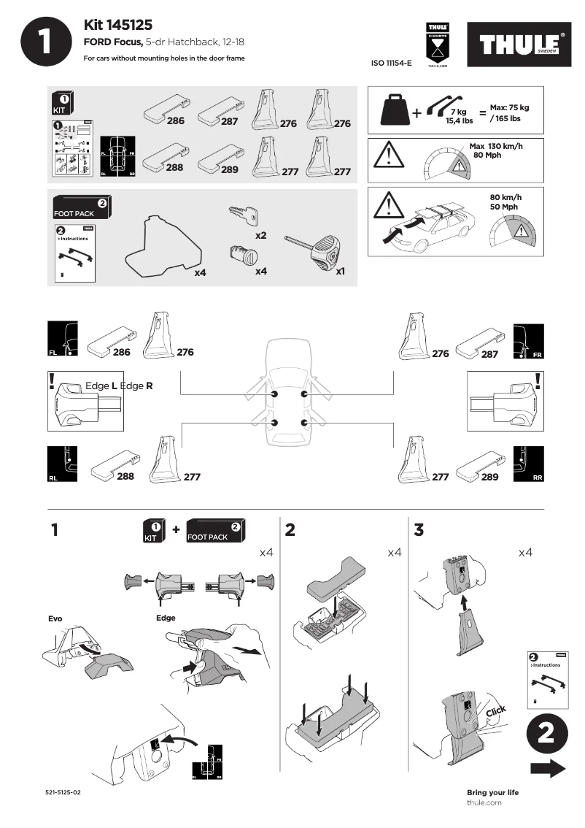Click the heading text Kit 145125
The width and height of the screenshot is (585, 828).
pyautogui.click(x=118, y=26)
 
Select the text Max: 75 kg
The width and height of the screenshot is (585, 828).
pyautogui.click(x=508, y=107)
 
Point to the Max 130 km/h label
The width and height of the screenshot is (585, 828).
pyautogui.click(x=496, y=146)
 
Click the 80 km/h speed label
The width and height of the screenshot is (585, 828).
pyautogui.click(x=505, y=197)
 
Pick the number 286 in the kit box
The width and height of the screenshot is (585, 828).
pyautogui.click(x=175, y=121)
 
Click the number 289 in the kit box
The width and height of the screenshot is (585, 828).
pyautogui.click(x=230, y=169)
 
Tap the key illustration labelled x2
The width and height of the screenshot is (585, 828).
pyautogui.click(x=244, y=216)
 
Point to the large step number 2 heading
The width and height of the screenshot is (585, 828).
pyautogui.click(x=290, y=531)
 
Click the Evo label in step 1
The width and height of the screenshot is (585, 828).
pyautogui.click(x=55, y=618)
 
